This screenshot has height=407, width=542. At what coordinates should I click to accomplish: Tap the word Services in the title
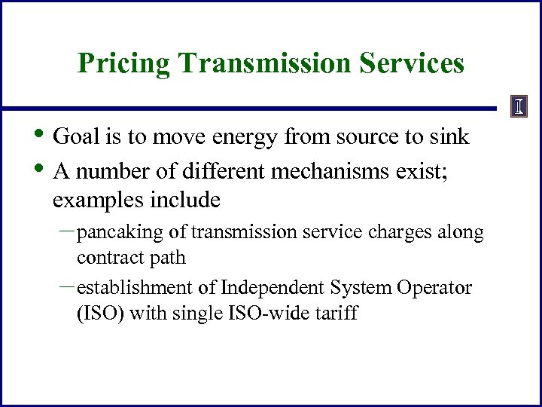413,64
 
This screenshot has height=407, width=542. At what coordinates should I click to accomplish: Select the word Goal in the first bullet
75,137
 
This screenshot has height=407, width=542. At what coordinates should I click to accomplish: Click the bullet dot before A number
40,167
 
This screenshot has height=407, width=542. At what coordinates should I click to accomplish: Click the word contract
104,259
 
